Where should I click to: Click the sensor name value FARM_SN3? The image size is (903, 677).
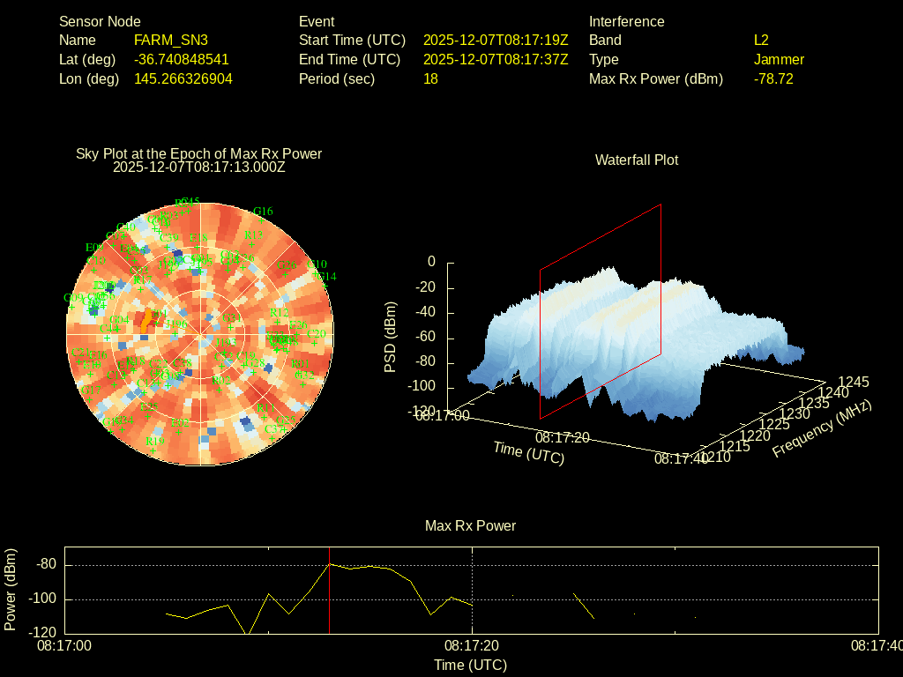171,41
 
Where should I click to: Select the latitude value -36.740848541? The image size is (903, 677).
182,60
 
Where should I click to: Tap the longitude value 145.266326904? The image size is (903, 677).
183,79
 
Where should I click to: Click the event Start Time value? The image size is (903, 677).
496,41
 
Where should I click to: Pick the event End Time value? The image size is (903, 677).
496,60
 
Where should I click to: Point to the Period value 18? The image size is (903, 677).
430,79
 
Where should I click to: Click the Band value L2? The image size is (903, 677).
761,41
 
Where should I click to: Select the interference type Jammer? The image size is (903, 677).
779,60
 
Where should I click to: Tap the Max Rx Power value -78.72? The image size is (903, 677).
773,79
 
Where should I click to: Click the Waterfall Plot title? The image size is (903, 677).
637,160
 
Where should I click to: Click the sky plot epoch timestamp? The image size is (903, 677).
199,166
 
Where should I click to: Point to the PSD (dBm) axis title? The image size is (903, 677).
391,337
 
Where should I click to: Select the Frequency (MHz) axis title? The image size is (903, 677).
822,428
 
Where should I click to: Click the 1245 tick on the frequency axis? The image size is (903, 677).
854,382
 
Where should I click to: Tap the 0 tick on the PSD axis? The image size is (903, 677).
431,262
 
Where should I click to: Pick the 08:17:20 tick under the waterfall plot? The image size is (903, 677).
562,436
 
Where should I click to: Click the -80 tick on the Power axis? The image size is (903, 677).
46,564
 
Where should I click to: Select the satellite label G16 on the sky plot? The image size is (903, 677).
263,212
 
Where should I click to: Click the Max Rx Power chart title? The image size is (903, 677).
470,526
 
